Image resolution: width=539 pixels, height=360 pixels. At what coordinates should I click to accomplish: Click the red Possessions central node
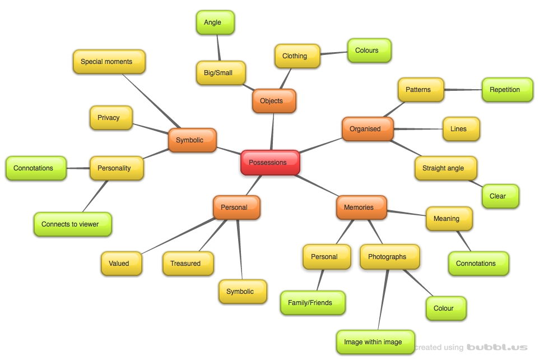270,163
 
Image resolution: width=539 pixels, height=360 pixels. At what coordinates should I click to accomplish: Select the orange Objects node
273,101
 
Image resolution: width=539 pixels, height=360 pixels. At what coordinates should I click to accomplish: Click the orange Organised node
367,129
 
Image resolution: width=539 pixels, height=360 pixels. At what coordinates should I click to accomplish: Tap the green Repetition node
507,90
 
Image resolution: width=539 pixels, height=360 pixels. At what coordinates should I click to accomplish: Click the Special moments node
109,62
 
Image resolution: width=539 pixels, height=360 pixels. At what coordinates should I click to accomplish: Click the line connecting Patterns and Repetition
463,89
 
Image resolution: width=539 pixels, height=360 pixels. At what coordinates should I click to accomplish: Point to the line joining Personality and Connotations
78,167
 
